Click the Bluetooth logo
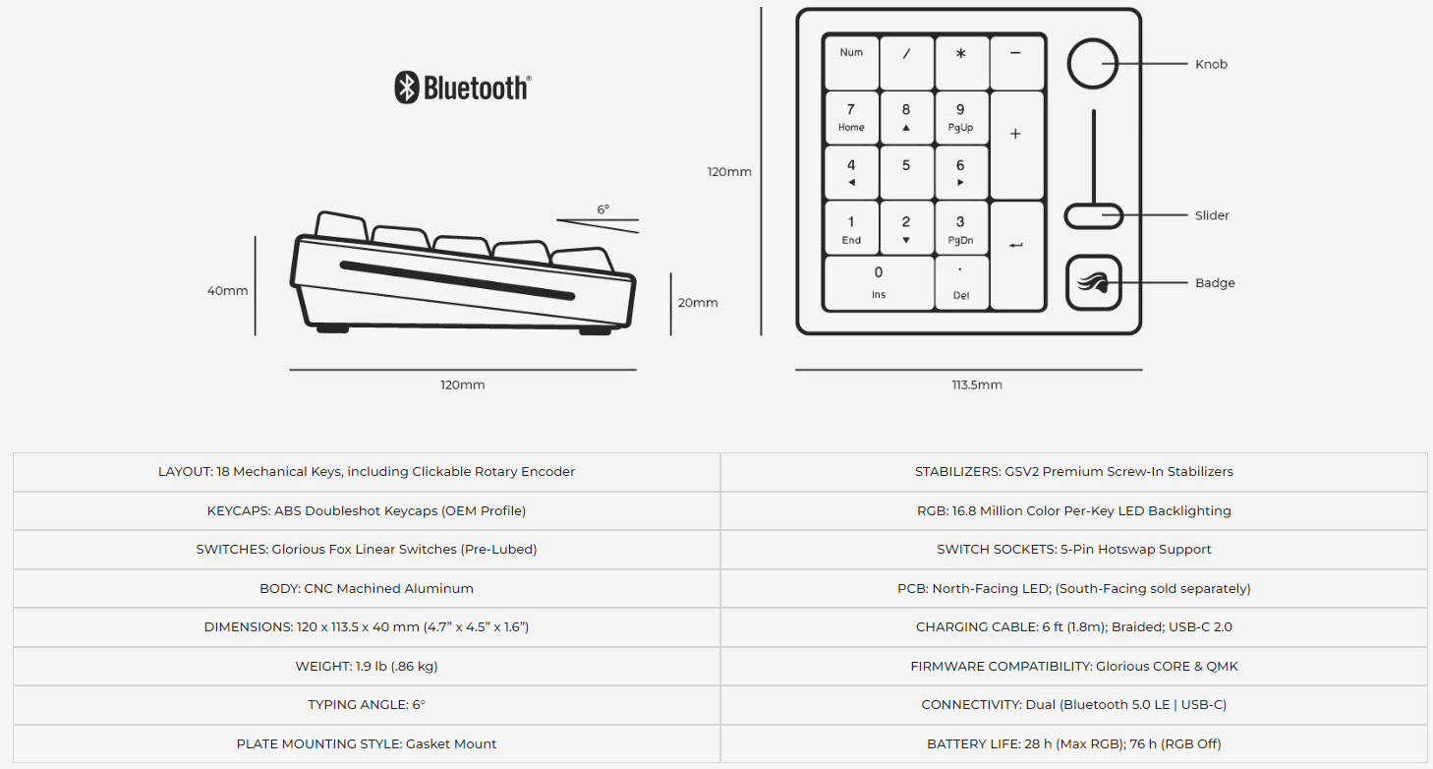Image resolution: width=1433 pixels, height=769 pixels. pyautogui.click(x=462, y=88)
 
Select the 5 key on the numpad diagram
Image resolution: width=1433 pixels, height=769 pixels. pyautogui.click(x=906, y=172)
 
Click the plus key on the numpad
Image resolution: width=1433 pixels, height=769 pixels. pyautogui.click(x=1016, y=144)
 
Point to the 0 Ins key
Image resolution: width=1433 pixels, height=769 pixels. pyautogui.click(x=878, y=282)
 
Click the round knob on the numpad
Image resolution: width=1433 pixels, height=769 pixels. pyautogui.click(x=1093, y=64)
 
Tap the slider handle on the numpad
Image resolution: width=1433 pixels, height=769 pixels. pyautogui.click(x=1093, y=215)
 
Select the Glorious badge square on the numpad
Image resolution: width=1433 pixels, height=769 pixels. pyautogui.click(x=1093, y=282)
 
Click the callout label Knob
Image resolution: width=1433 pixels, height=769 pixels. pyautogui.click(x=1211, y=64)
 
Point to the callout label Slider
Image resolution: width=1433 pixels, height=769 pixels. pyautogui.click(x=1212, y=215)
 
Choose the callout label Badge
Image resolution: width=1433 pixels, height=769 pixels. pyautogui.click(x=1215, y=283)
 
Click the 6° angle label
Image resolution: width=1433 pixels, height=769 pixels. pyautogui.click(x=602, y=209)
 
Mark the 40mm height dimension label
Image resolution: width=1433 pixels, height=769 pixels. pyautogui.click(x=227, y=291)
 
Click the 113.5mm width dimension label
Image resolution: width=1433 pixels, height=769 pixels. pyautogui.click(x=977, y=384)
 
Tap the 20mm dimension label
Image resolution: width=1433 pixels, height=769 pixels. pyautogui.click(x=698, y=303)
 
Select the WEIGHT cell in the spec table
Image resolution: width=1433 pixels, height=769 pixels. pyautogui.click(x=367, y=666)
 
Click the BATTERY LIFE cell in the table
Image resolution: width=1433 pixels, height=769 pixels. pyautogui.click(x=1073, y=743)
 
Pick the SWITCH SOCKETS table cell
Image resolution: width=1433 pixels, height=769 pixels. pyautogui.click(x=1073, y=550)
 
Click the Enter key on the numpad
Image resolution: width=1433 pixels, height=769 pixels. pyautogui.click(x=1016, y=255)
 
